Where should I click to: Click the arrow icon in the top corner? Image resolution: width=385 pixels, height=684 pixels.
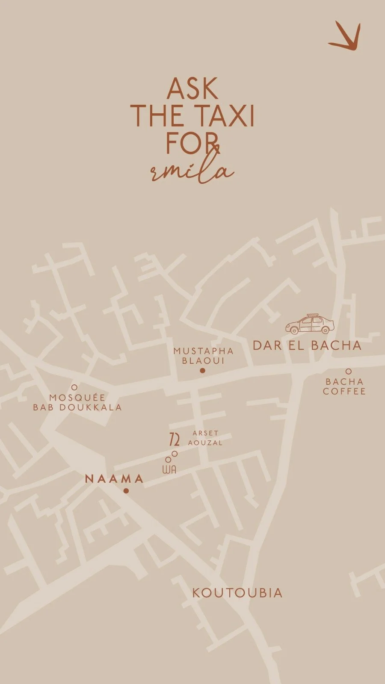tap(346, 38)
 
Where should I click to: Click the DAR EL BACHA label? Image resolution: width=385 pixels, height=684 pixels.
tap(307, 345)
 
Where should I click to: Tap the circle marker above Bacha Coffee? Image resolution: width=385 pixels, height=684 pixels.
tap(349, 371)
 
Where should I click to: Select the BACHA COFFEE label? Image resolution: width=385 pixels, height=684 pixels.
tap(344, 386)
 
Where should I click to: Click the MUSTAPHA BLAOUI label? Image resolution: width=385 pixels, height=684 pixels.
tap(204, 356)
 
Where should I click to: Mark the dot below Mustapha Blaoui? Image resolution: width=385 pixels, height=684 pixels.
tap(203, 371)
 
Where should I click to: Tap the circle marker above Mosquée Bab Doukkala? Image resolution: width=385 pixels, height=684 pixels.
tap(74, 387)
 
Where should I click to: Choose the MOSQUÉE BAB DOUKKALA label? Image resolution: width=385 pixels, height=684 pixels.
tap(77, 402)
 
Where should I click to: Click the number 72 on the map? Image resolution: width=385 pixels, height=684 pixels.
tap(174, 439)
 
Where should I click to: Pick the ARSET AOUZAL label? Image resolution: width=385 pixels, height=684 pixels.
tap(205, 438)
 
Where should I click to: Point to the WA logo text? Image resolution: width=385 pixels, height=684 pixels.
tap(169, 469)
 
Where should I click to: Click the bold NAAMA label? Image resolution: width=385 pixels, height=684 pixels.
tap(114, 479)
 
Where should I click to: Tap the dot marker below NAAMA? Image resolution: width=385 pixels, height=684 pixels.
tap(126, 491)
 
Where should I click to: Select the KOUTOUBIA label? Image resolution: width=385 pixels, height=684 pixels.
tap(237, 593)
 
